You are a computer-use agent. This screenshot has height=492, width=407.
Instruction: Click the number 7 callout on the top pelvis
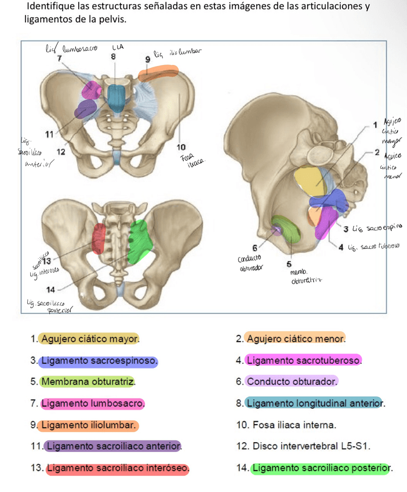59,58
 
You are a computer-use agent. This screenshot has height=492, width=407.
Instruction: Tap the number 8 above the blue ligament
114,57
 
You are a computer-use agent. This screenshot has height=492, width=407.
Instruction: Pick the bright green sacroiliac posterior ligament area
139,241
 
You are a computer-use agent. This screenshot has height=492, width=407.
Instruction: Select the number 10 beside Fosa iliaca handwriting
181,146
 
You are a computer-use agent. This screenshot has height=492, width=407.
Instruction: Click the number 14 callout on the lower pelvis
50,289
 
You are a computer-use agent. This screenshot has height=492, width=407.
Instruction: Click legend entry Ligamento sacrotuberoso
304,361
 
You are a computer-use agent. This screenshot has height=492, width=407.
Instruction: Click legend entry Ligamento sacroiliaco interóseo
117,468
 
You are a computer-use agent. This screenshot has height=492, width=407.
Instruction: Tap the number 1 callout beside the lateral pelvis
375,124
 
